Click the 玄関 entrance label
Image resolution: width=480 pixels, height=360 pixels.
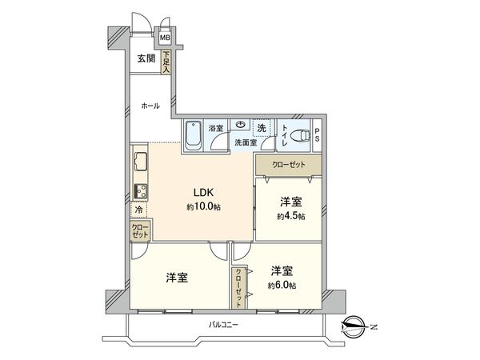point(145,58)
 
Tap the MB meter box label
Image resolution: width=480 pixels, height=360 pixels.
point(165,37)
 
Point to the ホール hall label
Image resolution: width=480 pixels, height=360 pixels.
point(150,106)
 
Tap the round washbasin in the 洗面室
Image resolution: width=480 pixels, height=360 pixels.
point(240,125)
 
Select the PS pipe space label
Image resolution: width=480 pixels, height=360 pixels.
point(317,134)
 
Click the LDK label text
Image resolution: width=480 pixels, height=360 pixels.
point(200,192)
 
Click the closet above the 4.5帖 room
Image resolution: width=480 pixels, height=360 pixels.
point(288,165)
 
